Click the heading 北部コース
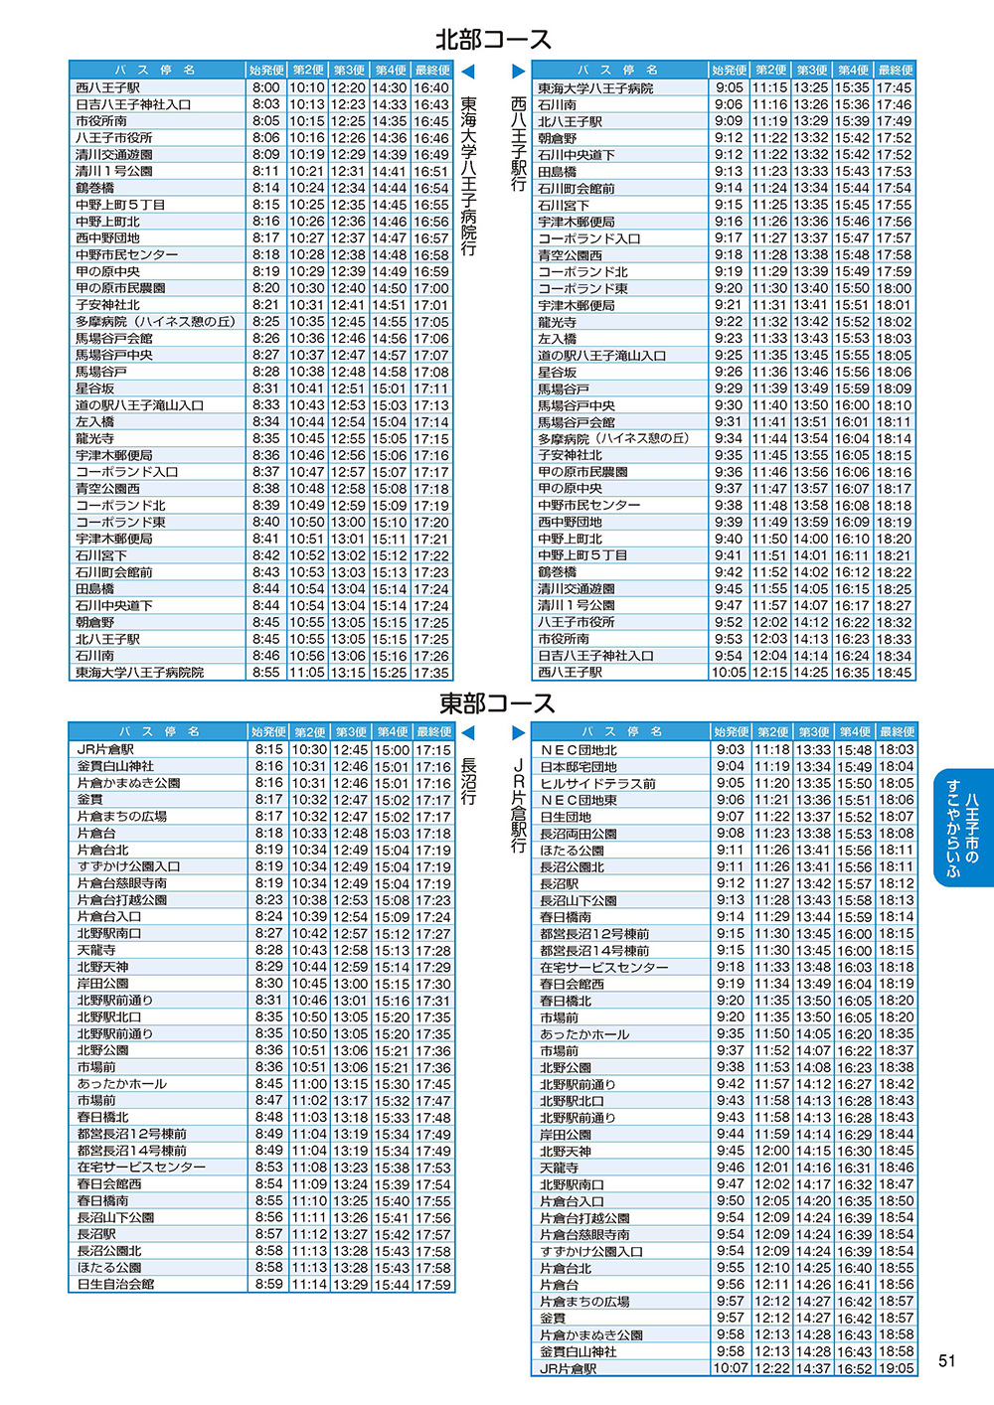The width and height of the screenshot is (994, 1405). coord(493,40)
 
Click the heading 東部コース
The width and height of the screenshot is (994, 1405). coord(497,703)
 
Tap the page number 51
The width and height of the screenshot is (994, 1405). coord(946,1361)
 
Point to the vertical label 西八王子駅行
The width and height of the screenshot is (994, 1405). coord(518,143)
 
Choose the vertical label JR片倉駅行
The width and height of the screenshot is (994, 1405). coord(518,805)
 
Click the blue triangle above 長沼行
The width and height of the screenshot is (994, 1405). coord(468,733)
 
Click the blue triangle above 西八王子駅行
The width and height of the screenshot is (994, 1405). coord(518,72)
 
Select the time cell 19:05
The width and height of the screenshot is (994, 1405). coord(896,1368)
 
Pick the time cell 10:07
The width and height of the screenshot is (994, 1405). coord(730,1368)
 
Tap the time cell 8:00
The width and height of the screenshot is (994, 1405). coord(265,87)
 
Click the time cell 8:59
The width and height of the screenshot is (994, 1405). coord(268,1284)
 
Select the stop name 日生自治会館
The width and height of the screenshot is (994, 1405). coord(115,1284)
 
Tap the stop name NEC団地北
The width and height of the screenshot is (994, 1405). coord(579,750)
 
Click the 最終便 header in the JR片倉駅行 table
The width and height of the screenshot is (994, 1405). coord(897,732)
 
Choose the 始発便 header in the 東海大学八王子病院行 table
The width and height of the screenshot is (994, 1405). coord(266,71)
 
